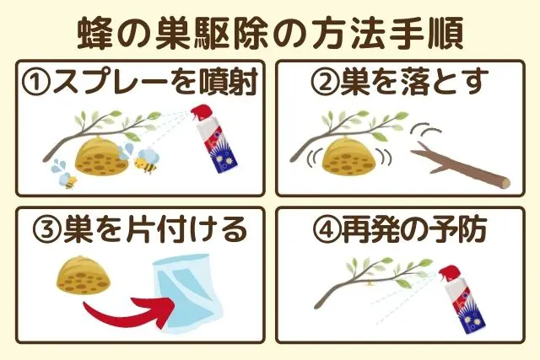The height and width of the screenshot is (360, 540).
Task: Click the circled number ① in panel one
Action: [x=36, y=83]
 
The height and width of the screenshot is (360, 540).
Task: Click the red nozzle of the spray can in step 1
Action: [x=200, y=112]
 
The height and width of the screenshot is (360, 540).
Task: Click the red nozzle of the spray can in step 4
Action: [x=449, y=273]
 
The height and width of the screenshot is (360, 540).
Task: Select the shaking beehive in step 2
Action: [x=349, y=155]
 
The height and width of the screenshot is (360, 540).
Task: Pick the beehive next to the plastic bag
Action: [x=84, y=276]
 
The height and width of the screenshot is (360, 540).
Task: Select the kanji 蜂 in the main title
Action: [x=95, y=34]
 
